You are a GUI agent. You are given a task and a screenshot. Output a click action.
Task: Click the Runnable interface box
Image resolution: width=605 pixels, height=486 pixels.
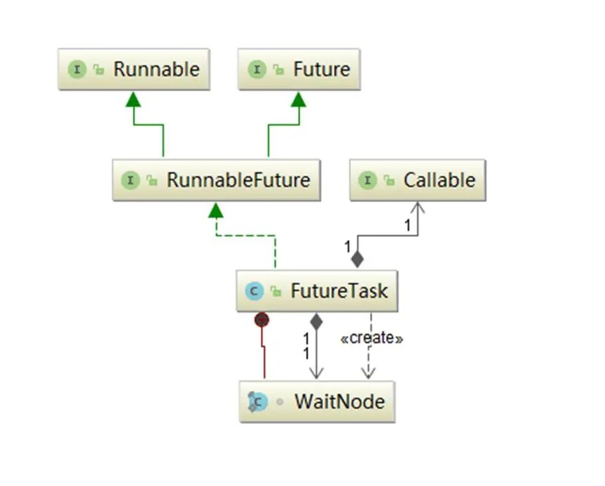[134, 69]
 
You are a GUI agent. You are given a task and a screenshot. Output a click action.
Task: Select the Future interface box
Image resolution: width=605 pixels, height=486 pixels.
[299, 69]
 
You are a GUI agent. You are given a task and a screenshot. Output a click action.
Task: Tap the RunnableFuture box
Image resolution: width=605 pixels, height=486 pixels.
[216, 180]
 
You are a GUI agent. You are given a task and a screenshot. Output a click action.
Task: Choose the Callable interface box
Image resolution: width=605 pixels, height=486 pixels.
[417, 180]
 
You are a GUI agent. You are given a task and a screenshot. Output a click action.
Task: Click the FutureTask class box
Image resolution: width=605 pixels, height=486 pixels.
[317, 291]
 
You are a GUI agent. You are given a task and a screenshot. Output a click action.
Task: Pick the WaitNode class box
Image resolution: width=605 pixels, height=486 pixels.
[317, 401]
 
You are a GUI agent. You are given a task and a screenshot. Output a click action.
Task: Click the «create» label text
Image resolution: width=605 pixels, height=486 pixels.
[371, 338]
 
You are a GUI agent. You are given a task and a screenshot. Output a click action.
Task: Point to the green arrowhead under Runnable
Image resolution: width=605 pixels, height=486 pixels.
[134, 99]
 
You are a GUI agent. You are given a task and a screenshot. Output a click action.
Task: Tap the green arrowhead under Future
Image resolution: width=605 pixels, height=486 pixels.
[299, 99]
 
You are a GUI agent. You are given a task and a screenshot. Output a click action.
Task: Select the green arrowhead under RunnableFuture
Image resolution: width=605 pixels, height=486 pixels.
[215, 210]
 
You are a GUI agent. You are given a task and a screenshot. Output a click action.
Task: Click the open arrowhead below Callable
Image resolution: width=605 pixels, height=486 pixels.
[417, 208]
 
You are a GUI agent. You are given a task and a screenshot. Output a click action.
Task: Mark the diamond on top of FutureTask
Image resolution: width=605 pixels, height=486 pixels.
[357, 259]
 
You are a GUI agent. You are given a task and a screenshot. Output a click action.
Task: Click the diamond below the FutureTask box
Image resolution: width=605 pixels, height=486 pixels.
[316, 321]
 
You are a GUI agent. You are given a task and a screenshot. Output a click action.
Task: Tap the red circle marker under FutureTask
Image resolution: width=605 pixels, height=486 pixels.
[262, 320]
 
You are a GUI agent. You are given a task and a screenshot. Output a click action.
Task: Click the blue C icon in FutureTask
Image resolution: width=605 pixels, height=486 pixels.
[254, 291]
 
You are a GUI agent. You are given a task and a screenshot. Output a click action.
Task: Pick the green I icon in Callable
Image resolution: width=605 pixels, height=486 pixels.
[367, 180]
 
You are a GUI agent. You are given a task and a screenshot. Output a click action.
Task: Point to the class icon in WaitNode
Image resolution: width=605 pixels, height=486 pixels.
[256, 401]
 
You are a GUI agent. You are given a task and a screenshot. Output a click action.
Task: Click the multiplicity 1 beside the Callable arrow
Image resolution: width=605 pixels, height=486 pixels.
[407, 227]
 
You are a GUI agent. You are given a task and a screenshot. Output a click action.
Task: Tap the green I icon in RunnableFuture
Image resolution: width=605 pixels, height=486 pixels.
[130, 180]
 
